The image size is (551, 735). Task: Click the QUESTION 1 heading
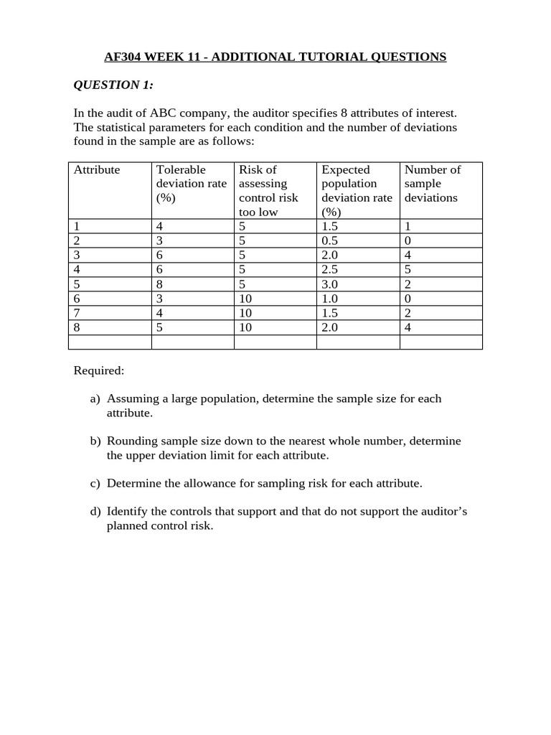pos(113,85)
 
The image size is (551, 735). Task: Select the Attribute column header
pos(97,170)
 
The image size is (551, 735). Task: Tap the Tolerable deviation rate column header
pos(191,184)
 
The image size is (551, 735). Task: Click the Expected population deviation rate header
pos(357,190)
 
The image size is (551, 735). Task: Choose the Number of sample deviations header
pos(432,184)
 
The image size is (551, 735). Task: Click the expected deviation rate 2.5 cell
pos(330,269)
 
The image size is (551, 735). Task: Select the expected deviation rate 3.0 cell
pos(330,284)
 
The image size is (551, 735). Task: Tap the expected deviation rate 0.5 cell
pos(330,240)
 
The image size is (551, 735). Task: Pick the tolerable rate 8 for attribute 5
pos(160,284)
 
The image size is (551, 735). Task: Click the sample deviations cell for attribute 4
pos(408,269)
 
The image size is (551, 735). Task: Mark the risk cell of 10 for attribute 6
pos(245,299)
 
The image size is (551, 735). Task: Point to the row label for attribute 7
pos(77,313)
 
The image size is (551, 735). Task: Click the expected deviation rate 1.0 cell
pos(330,299)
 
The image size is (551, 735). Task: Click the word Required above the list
pos(98,370)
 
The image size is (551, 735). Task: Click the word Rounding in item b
pos(131,441)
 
